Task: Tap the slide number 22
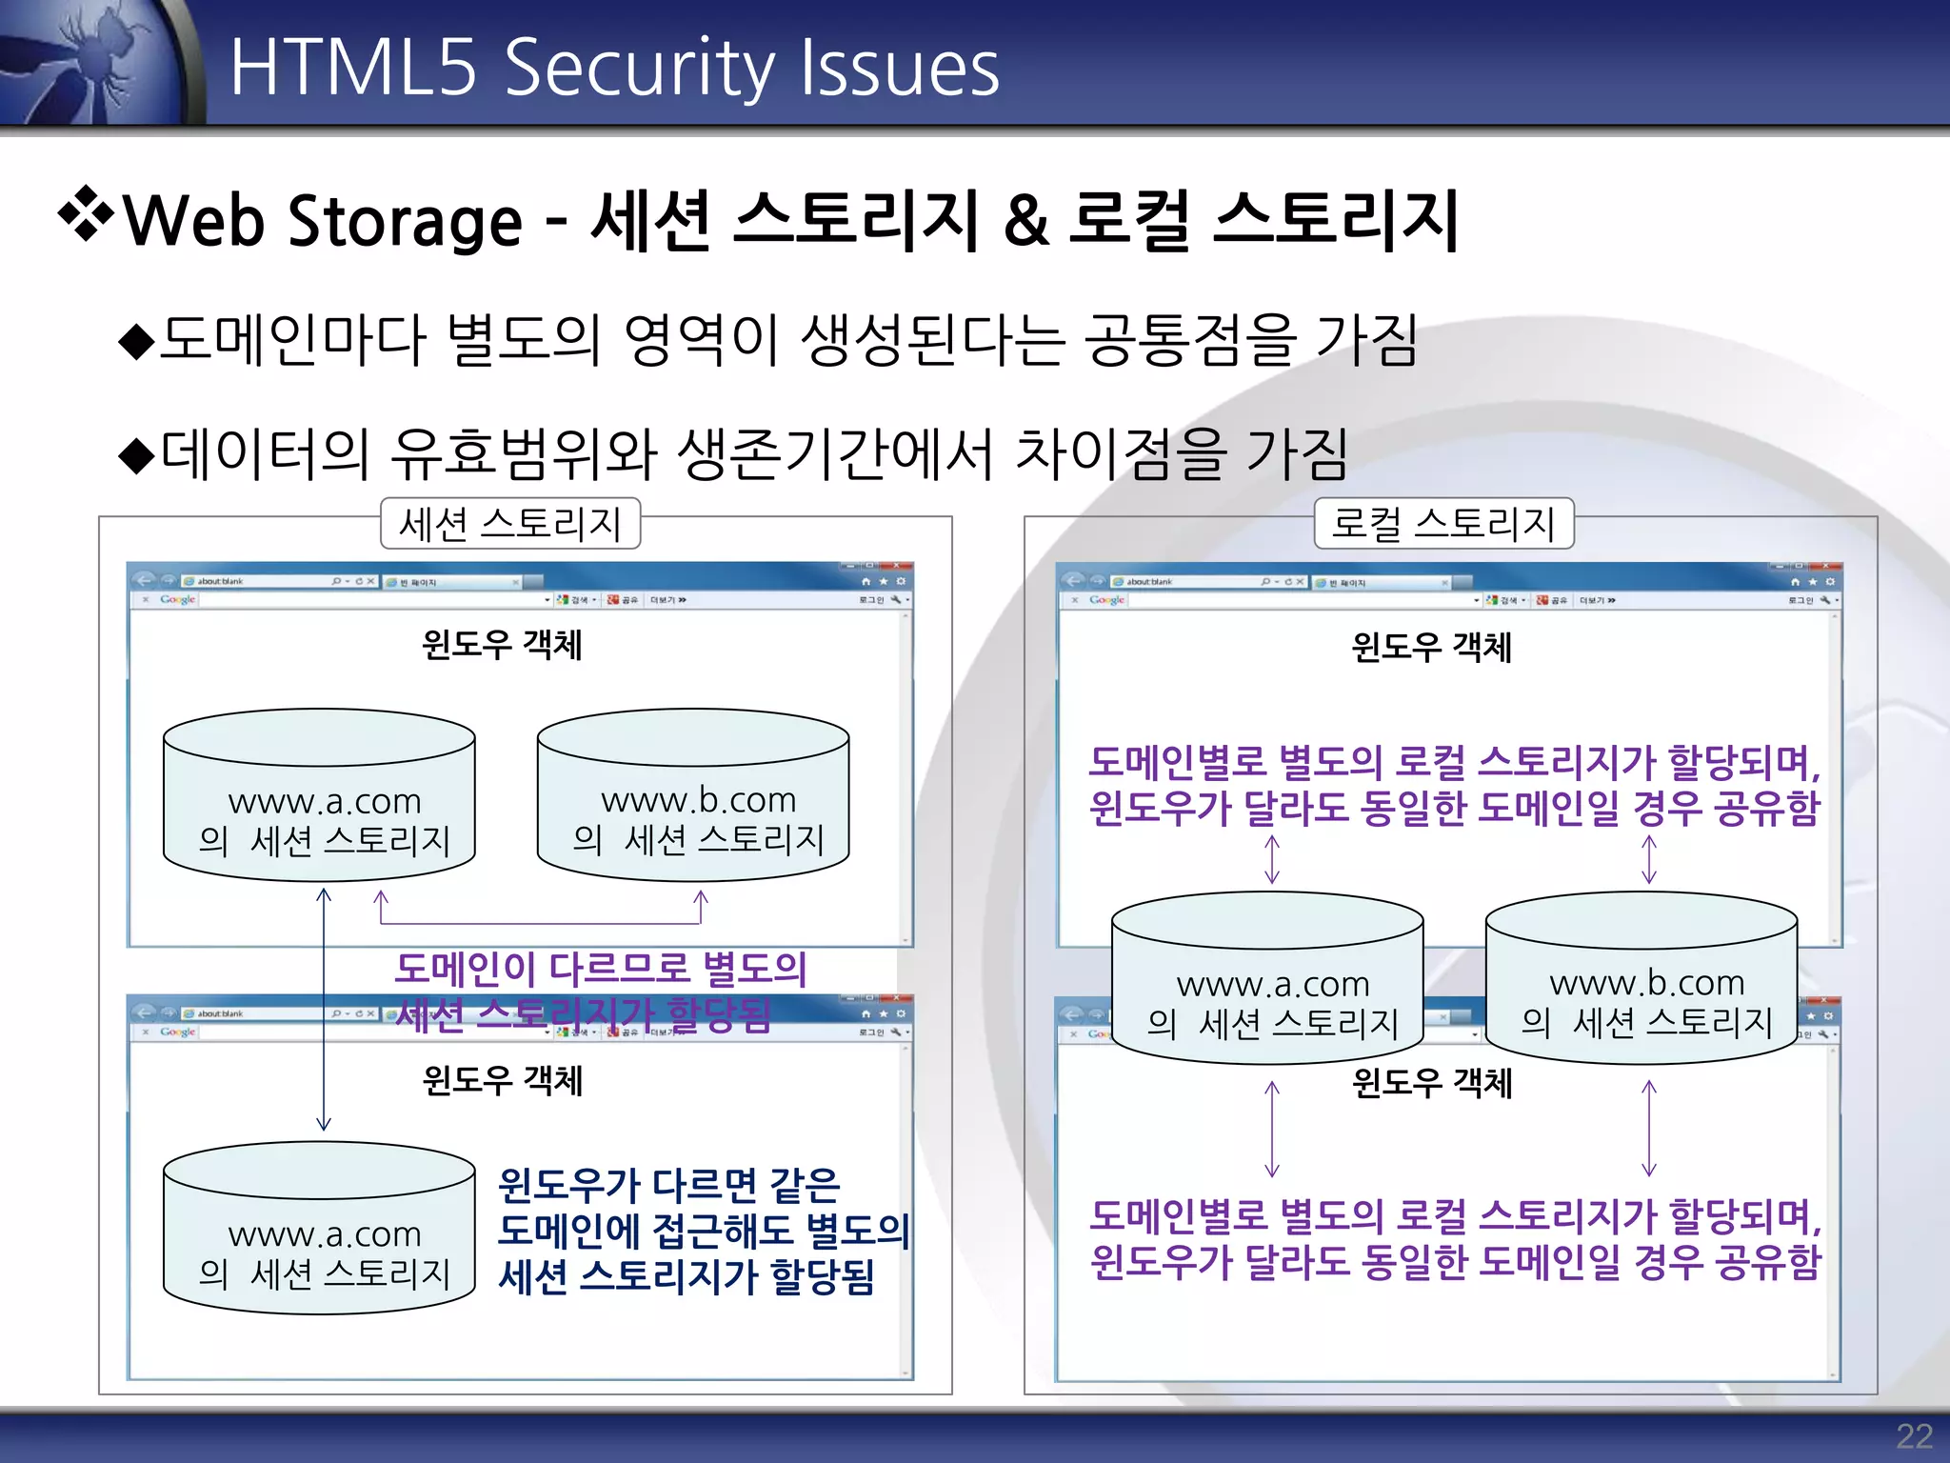click(x=1913, y=1435)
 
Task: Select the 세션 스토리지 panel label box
click(x=510, y=523)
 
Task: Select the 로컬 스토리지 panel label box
click(x=1443, y=523)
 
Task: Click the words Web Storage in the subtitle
click(x=324, y=221)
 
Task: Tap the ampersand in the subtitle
click(x=1026, y=221)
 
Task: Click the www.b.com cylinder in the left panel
click(x=693, y=795)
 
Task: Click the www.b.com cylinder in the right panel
click(x=1642, y=978)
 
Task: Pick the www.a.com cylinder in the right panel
click(x=1267, y=978)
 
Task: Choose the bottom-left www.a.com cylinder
click(x=319, y=1229)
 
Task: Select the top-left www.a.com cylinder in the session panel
click(x=319, y=795)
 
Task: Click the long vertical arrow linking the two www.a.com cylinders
click(x=324, y=1010)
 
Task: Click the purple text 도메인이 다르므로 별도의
click(x=600, y=969)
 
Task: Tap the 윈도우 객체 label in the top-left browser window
click(x=502, y=645)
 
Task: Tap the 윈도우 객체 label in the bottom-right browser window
click(x=1431, y=1083)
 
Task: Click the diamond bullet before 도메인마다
click(x=137, y=341)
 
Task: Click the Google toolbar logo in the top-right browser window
click(x=1106, y=600)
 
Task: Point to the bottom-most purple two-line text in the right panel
click(x=1455, y=1238)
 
